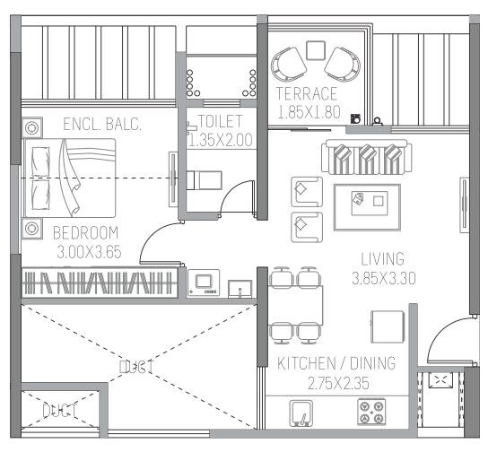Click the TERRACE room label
point(307,94)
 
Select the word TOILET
point(220,121)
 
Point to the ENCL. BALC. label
point(102,125)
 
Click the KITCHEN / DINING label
point(336,363)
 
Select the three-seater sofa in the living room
point(366,157)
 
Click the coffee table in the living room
point(367,202)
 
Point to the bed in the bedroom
point(70,178)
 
